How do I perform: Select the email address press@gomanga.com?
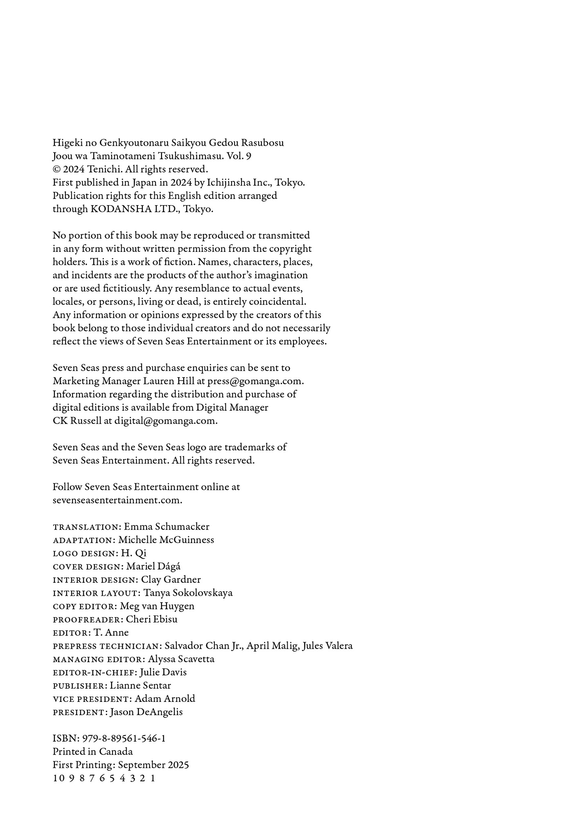pos(255,381)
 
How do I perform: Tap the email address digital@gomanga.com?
pos(165,421)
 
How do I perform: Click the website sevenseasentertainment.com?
pos(117,500)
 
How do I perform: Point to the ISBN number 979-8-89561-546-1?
pos(124,739)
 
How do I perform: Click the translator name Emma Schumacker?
pos(167,527)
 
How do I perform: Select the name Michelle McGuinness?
pos(166,540)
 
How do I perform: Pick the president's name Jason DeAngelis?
pos(146,712)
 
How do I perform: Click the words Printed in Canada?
pos(93,752)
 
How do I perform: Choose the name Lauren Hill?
pos(168,381)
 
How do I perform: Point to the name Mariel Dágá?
pos(153,567)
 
